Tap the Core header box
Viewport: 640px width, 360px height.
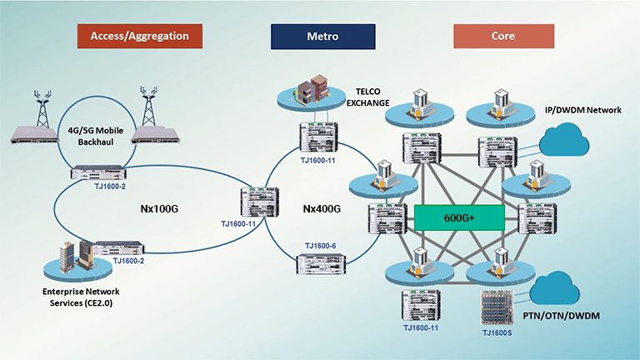(x=503, y=37)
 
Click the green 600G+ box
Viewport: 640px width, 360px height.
(x=459, y=217)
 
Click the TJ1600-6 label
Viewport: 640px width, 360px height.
(x=320, y=247)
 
